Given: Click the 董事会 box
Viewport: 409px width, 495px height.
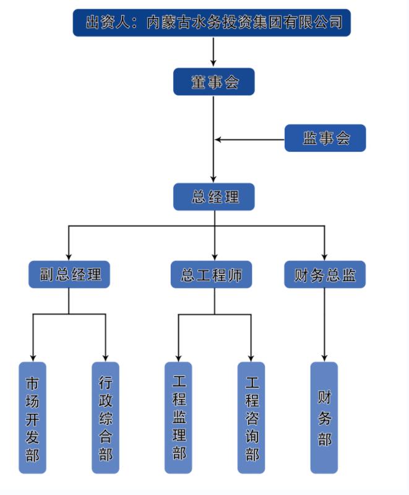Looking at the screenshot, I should [x=213, y=82].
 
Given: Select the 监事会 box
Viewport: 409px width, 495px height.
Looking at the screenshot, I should [x=325, y=138].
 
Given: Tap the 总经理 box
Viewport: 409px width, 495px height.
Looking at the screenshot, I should [x=213, y=197].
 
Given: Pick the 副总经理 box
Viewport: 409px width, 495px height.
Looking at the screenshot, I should [x=69, y=274].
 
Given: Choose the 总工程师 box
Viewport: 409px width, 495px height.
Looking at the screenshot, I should [x=211, y=274].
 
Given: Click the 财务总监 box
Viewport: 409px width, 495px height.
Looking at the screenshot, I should [x=325, y=274].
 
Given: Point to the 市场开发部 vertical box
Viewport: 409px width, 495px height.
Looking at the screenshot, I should [x=32, y=418].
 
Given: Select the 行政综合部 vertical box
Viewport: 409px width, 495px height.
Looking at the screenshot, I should [x=105, y=418].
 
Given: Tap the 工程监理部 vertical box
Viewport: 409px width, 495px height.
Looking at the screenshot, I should [x=178, y=418].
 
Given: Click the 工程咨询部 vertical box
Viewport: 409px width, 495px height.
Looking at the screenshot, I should [x=251, y=418].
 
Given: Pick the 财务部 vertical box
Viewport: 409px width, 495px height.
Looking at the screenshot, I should [x=324, y=418].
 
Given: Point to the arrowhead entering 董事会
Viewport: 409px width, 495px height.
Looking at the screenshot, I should [x=213, y=63].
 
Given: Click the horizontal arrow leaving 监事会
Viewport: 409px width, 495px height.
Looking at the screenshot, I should [x=248, y=139].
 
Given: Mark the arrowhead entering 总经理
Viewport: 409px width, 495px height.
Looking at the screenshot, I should [x=213, y=179].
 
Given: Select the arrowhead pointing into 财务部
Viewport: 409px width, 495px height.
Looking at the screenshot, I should [x=324, y=357].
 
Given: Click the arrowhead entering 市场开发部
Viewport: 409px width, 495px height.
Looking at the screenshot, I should [x=33, y=357].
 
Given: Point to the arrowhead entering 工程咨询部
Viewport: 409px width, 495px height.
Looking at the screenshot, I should [x=251, y=357].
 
